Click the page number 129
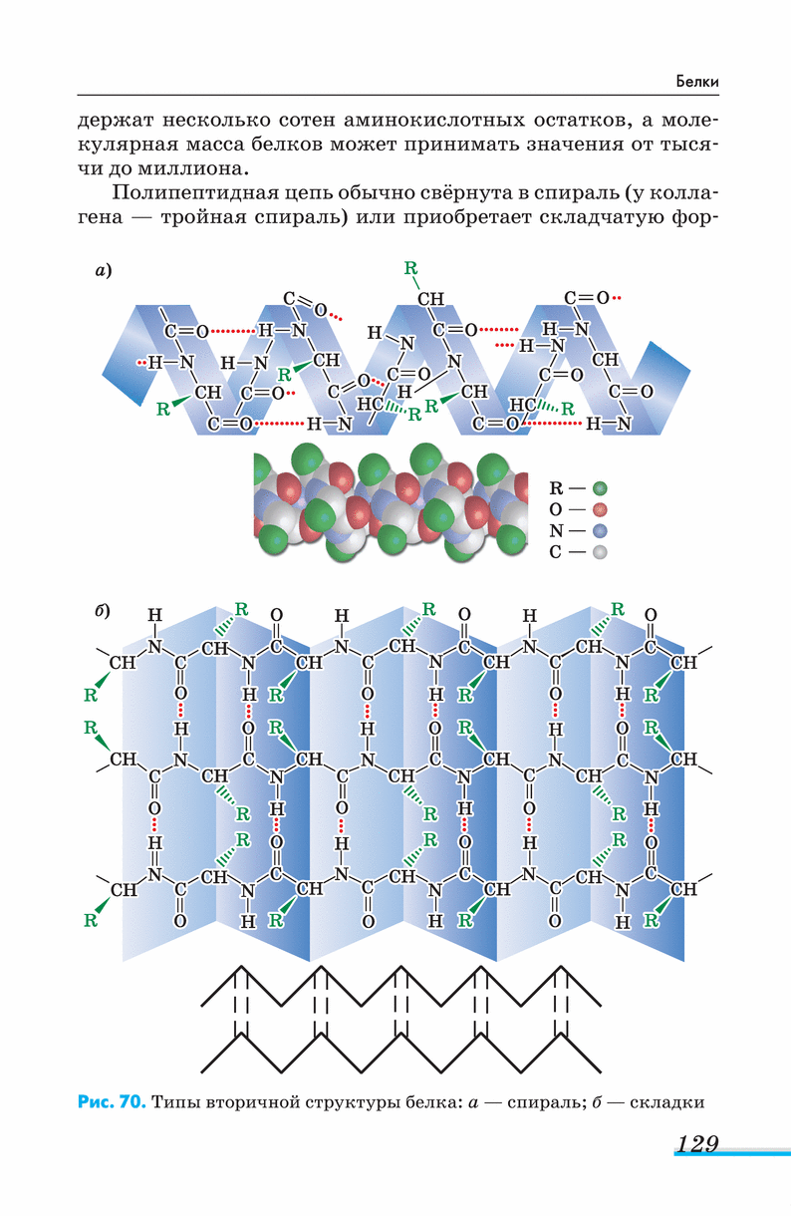(696, 1144)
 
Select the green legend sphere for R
(599, 488)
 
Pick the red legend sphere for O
(599, 510)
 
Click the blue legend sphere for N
(599, 531)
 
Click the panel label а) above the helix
(103, 270)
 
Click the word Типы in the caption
(175, 1102)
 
